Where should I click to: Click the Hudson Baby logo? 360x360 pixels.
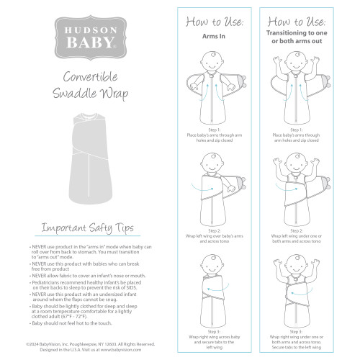point(86,37)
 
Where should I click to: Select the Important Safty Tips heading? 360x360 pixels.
point(86,229)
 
